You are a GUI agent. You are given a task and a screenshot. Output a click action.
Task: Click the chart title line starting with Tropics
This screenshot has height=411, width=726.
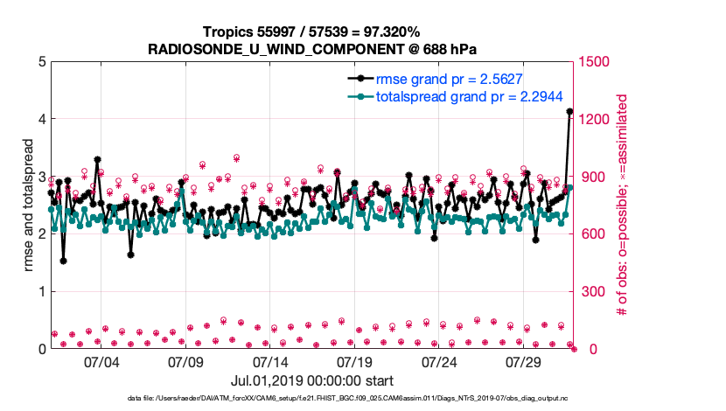(x=311, y=31)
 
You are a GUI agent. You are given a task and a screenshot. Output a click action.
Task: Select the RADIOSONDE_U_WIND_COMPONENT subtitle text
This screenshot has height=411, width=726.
(x=311, y=49)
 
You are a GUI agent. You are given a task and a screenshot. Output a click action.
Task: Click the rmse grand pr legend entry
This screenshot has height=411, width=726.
(x=451, y=78)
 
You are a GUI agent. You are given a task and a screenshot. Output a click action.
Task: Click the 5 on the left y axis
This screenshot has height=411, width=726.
(x=41, y=62)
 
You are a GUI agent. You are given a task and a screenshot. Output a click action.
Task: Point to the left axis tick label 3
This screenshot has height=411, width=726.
(x=41, y=177)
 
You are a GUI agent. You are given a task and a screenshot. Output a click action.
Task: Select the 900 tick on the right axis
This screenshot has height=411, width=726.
(x=594, y=177)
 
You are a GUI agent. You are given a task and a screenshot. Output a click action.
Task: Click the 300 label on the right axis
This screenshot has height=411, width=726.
(x=594, y=291)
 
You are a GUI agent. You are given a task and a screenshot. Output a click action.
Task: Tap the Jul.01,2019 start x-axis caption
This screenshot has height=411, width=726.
(x=311, y=381)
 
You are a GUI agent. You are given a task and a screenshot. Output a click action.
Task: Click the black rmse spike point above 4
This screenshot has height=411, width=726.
(x=569, y=111)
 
